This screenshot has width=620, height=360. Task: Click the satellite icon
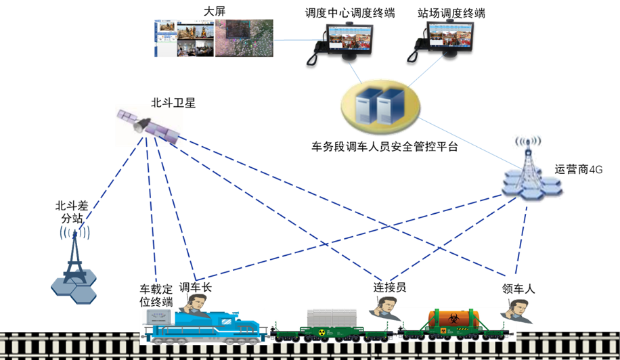(149, 125)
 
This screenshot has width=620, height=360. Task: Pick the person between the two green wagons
(385, 308)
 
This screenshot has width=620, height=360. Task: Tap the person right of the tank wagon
(518, 311)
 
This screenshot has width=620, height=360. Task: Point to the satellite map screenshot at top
(244, 38)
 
